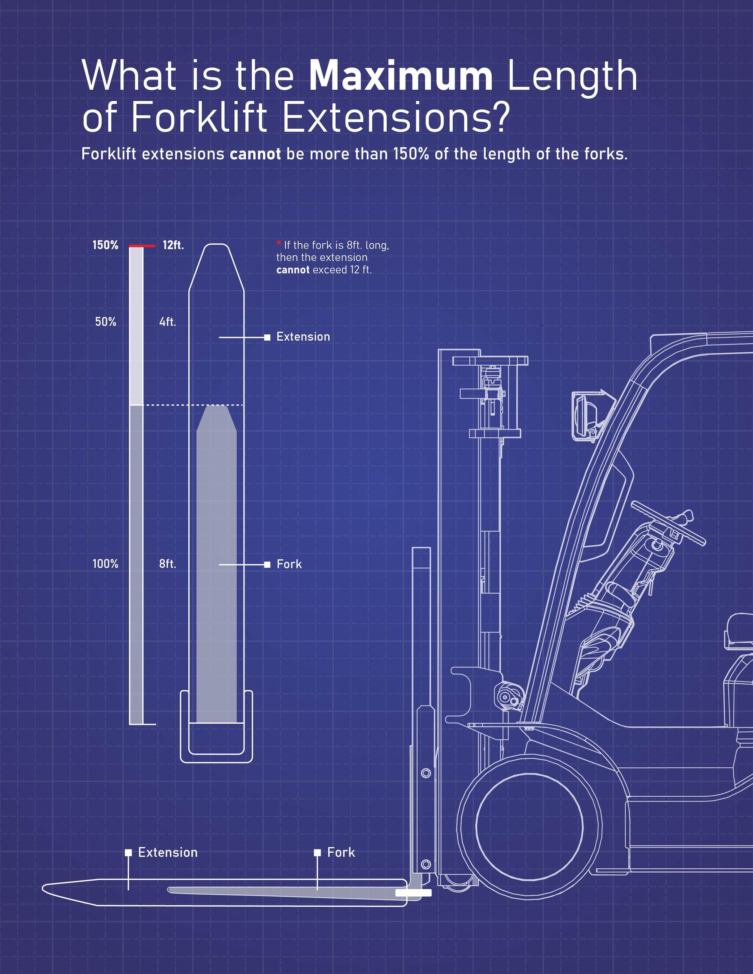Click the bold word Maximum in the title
click(400, 77)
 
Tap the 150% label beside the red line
click(105, 245)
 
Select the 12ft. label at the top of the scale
click(173, 245)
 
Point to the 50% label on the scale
click(105, 322)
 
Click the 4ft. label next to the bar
click(168, 322)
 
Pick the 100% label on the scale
click(105, 564)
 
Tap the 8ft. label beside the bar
click(168, 564)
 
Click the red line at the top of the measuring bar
click(142, 246)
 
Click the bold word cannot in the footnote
click(293, 270)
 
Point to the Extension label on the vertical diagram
click(303, 337)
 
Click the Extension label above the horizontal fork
click(168, 852)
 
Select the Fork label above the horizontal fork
click(341, 852)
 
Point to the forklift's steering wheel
click(668, 523)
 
